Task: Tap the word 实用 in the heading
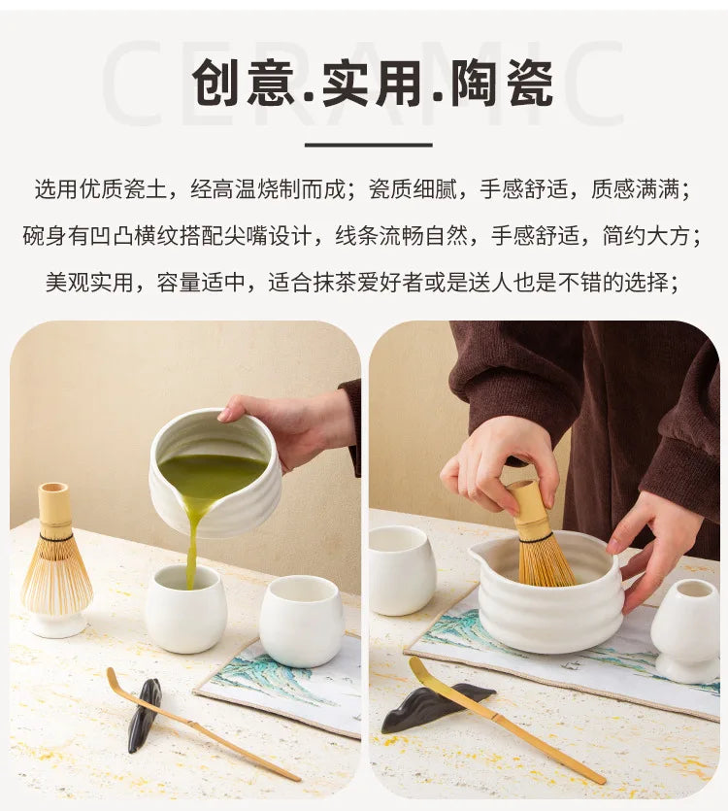coord(371,83)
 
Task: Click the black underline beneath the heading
coord(368,145)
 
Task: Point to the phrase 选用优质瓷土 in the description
coord(101,189)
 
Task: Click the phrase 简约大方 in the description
coord(645,236)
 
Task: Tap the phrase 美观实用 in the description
coord(89,283)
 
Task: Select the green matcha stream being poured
coord(194,543)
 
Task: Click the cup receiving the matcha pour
coord(184,609)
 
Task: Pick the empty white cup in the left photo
coord(300,621)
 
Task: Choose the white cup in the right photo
coord(401,569)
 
